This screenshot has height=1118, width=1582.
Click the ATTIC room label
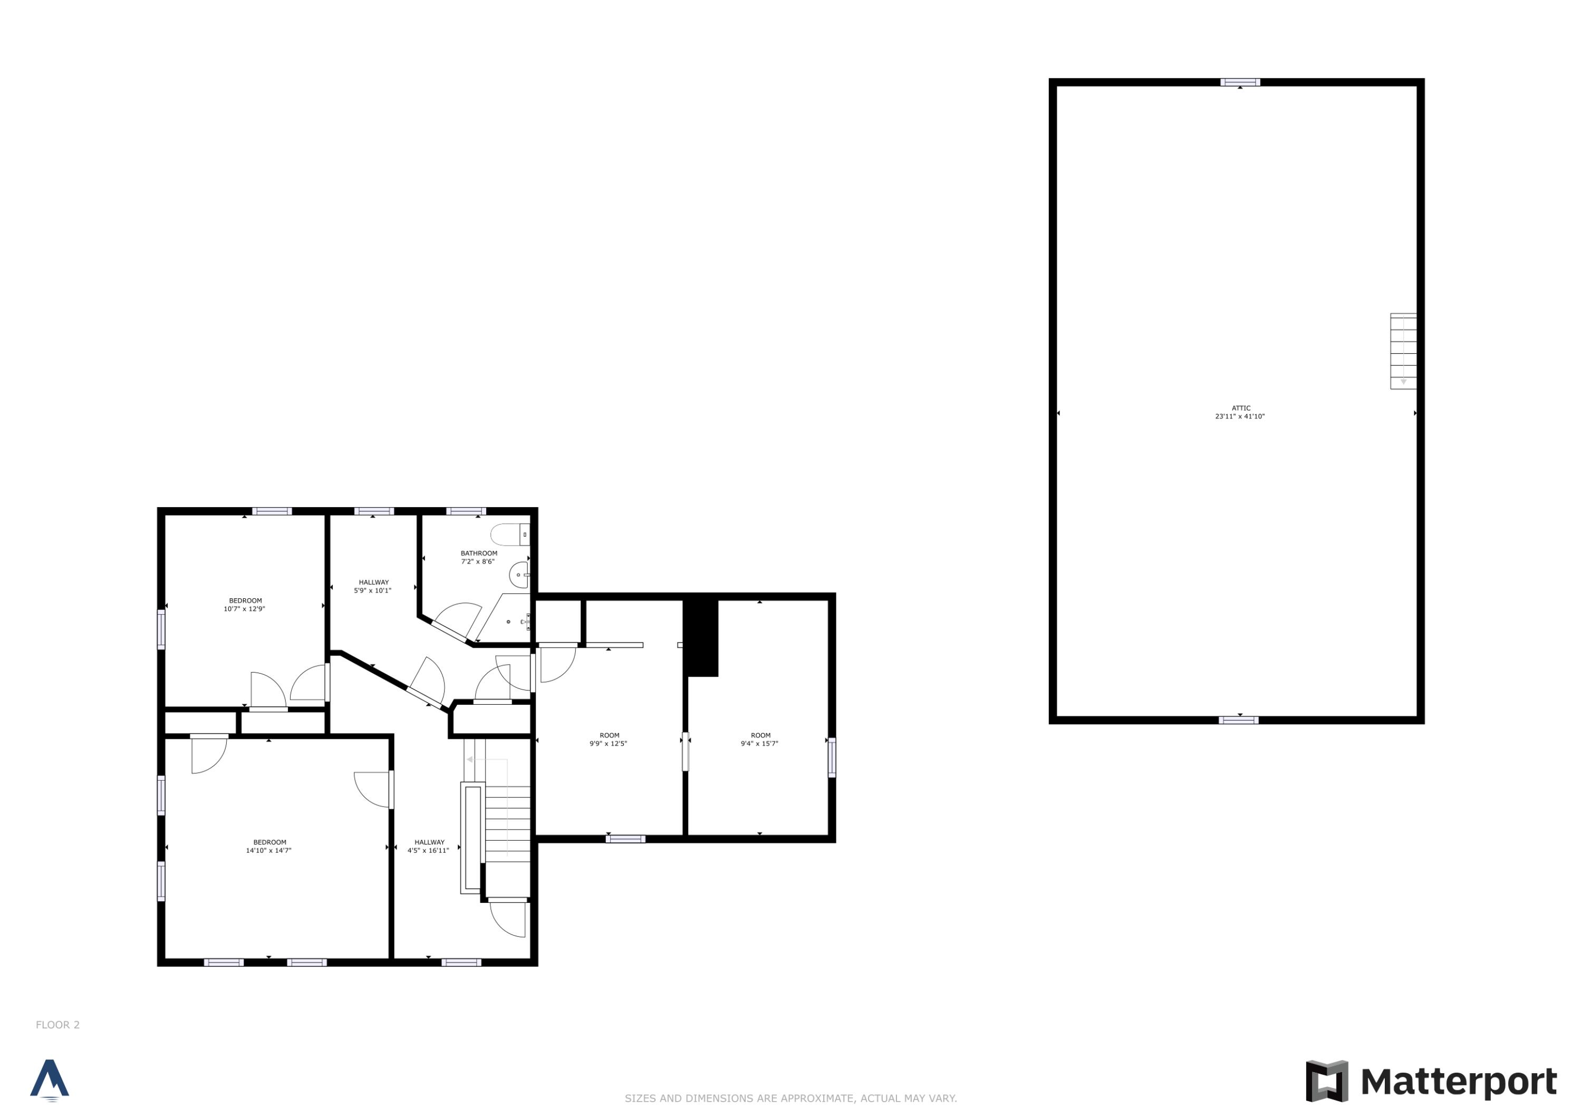coord(1240,408)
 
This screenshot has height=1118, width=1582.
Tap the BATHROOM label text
coord(479,553)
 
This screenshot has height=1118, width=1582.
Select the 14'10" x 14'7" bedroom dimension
coord(269,851)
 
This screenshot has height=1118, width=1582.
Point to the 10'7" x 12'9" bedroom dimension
coord(245,609)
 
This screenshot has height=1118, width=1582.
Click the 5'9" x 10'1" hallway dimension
coord(373,590)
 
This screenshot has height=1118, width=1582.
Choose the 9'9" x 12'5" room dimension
coord(609,744)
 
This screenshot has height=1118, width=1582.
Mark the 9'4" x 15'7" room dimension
coord(759,744)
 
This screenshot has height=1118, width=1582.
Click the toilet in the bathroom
coord(510,534)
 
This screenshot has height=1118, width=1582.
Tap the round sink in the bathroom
coord(519,575)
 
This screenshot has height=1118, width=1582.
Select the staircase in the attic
coord(1403,351)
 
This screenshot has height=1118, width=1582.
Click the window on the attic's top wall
coord(1240,83)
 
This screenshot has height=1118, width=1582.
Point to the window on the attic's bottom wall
coord(1238,721)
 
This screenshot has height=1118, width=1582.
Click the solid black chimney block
coord(701,637)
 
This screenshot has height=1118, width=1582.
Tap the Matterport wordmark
coord(1459,1082)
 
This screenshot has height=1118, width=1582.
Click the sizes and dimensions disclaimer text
coord(790,1098)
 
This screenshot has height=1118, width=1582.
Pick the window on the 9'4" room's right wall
coord(832,758)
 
